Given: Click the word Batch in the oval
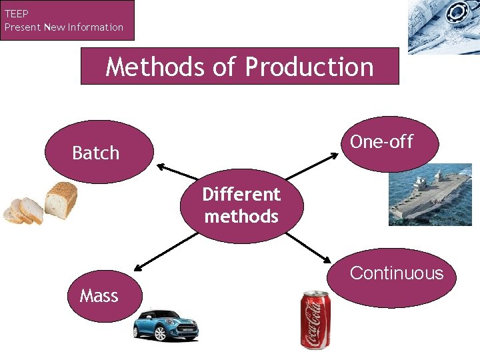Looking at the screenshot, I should point(95,153).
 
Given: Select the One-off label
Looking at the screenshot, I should point(381,142).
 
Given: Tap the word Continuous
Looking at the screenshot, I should point(396,273).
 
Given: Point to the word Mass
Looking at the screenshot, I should point(99,295).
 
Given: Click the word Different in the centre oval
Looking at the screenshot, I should point(241,195).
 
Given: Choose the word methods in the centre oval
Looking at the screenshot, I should point(241,217).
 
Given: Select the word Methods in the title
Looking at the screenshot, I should point(155,67).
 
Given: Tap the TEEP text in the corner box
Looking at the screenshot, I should point(17,13).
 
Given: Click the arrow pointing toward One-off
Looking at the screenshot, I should point(313,166).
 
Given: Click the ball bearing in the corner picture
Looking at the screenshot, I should point(458,14).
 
